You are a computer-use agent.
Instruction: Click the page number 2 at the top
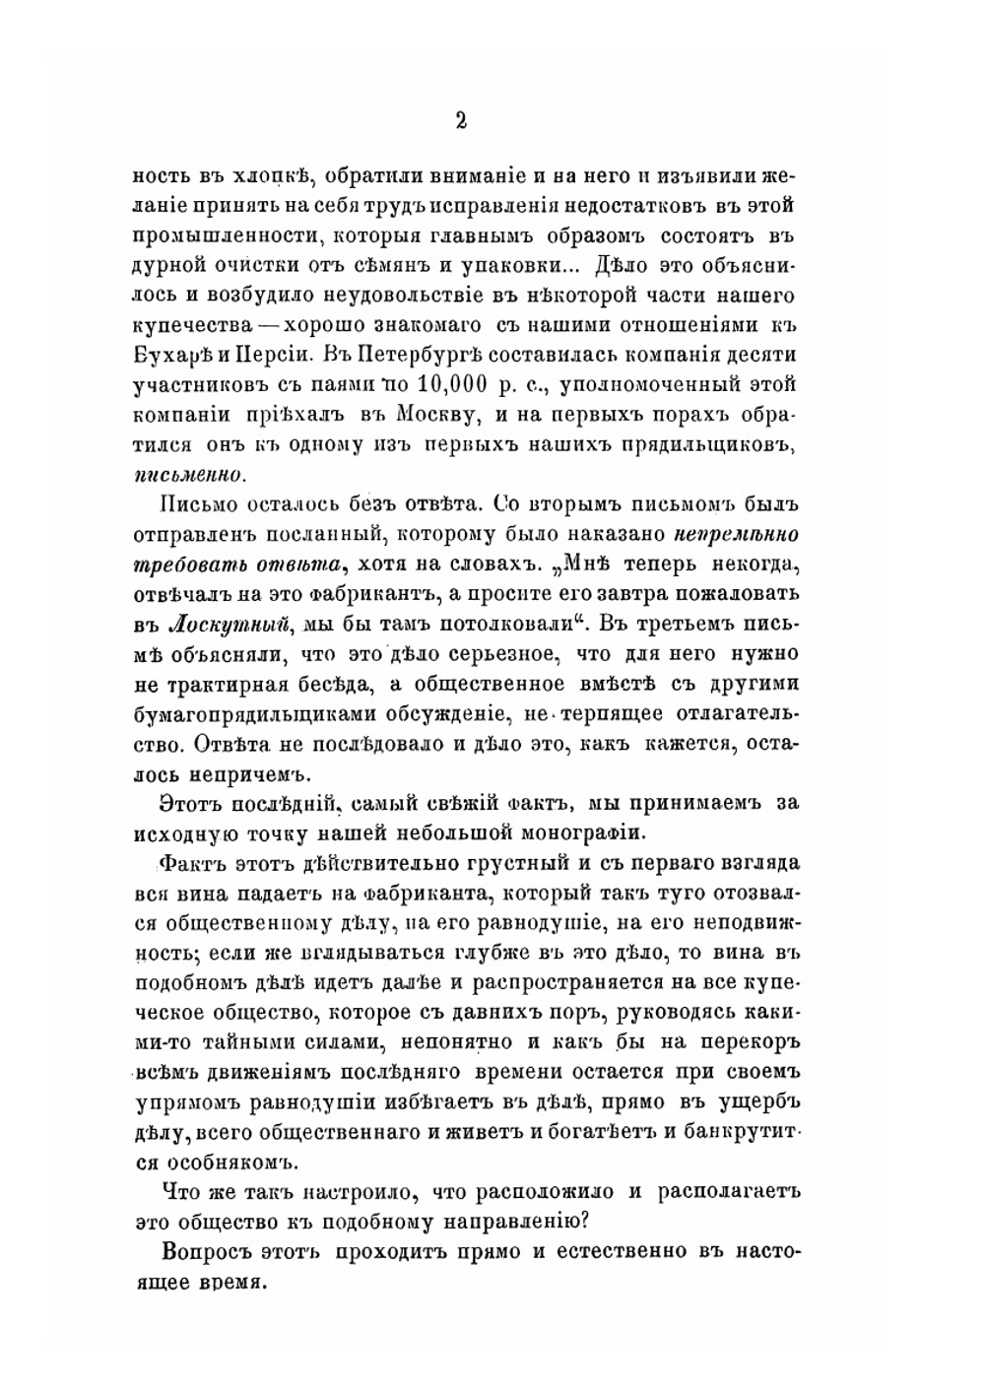tap(460, 120)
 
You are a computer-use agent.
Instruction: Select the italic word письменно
tap(187, 473)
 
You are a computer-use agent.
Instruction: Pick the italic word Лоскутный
tap(232, 624)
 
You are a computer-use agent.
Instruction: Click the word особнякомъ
tap(231, 1159)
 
